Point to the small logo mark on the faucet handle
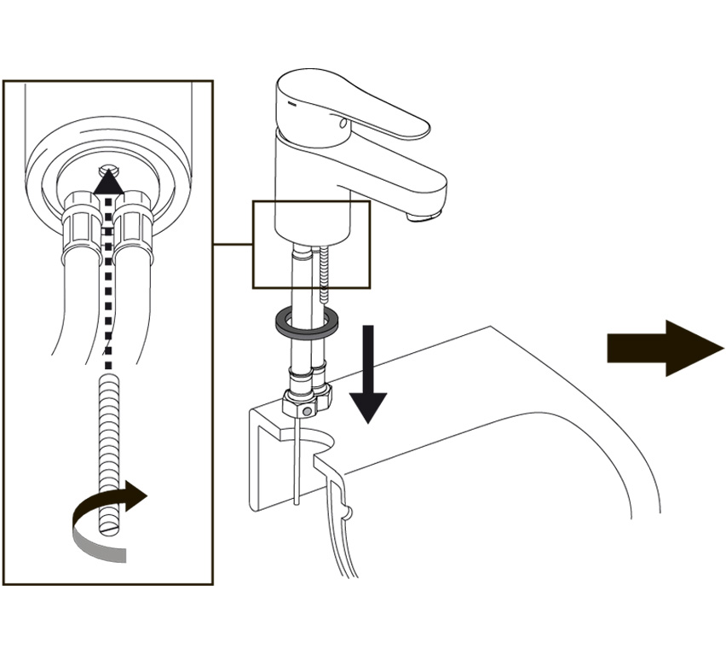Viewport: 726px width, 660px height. point(291,100)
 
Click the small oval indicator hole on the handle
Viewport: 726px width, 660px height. point(343,125)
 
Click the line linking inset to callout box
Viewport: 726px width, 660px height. point(232,245)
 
